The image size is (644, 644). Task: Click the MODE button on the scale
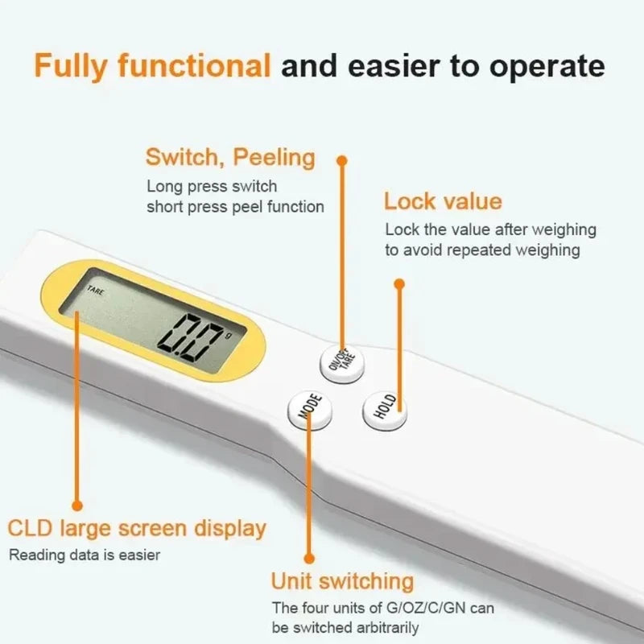click(310, 409)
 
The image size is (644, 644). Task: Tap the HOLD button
click(385, 411)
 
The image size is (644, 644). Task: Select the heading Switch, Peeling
click(230, 158)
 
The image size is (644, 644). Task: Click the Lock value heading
click(443, 201)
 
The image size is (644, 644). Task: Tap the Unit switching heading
click(343, 581)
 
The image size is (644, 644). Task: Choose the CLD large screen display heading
click(137, 528)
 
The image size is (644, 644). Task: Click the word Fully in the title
click(70, 67)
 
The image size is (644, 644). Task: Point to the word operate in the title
click(547, 67)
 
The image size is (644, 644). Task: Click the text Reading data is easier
click(85, 555)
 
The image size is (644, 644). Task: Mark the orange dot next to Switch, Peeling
click(341, 160)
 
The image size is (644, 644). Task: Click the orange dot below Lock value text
click(399, 284)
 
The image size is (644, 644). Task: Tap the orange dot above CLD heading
click(77, 506)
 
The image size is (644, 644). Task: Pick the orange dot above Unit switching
click(309, 558)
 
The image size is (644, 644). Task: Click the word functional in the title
click(194, 65)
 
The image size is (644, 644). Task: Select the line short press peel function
click(235, 207)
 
